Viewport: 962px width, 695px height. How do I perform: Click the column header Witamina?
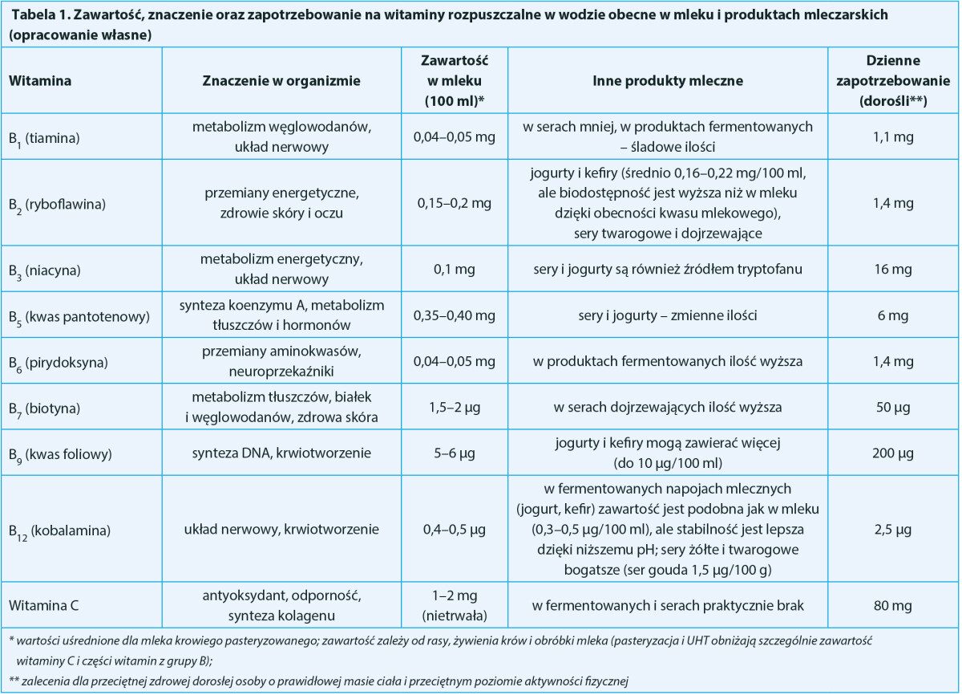coord(39,80)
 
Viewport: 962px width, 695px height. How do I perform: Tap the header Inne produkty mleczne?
coord(668,80)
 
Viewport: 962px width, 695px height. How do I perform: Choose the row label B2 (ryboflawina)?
coord(59,204)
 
